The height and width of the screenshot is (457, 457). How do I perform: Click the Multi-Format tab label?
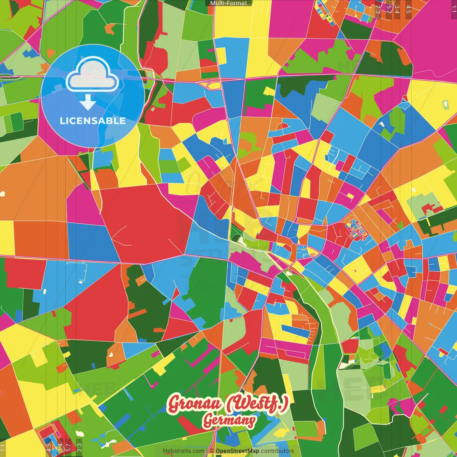[x=228, y=3]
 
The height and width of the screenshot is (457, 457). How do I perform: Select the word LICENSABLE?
[x=93, y=121]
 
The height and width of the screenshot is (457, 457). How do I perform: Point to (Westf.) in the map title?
[x=256, y=404]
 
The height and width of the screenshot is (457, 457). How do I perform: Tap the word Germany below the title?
[x=229, y=421]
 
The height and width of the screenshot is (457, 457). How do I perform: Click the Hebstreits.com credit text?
[x=184, y=451]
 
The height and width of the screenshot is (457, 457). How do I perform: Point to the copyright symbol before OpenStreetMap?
[x=212, y=451]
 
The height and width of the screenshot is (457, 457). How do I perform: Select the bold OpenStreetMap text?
[x=237, y=451]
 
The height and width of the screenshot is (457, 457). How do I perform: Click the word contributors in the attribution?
[x=277, y=451]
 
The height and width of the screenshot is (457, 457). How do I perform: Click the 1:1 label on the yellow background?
[x=3, y=448]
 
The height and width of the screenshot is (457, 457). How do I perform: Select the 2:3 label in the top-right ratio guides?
[x=378, y=9]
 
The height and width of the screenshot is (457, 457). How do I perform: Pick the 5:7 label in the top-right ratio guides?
[x=389, y=9]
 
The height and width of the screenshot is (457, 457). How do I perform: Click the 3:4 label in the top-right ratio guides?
[x=397, y=9]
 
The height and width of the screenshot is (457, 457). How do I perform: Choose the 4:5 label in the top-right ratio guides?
[x=408, y=9]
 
